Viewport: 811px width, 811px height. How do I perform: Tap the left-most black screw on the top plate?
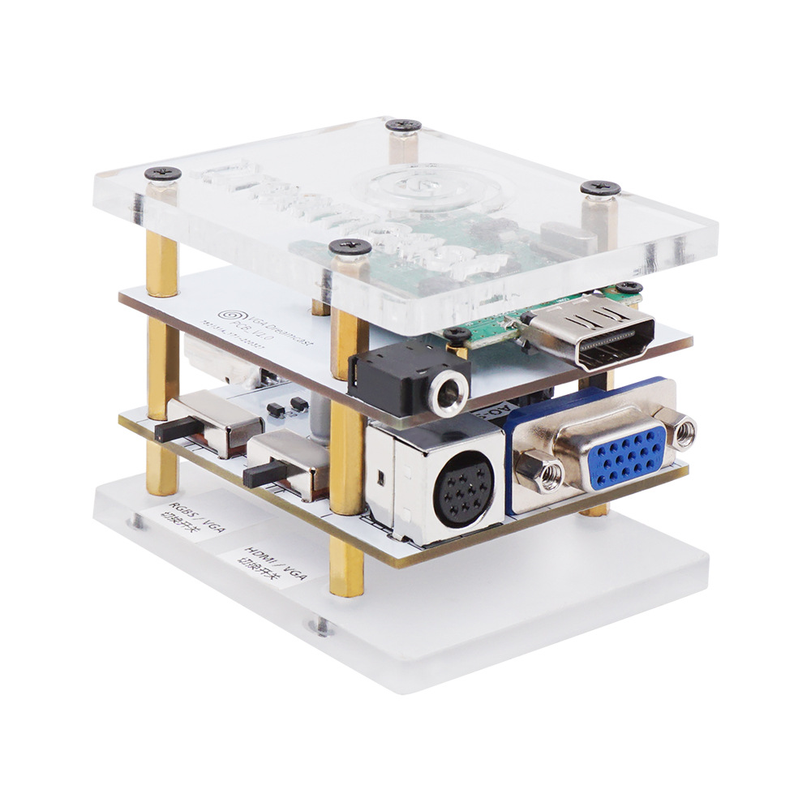[x=163, y=174]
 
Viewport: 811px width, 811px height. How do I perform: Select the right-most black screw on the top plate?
[x=601, y=189]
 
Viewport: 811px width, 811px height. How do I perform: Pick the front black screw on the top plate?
[x=350, y=246]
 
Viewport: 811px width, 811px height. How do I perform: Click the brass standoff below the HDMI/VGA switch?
[x=347, y=568]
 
